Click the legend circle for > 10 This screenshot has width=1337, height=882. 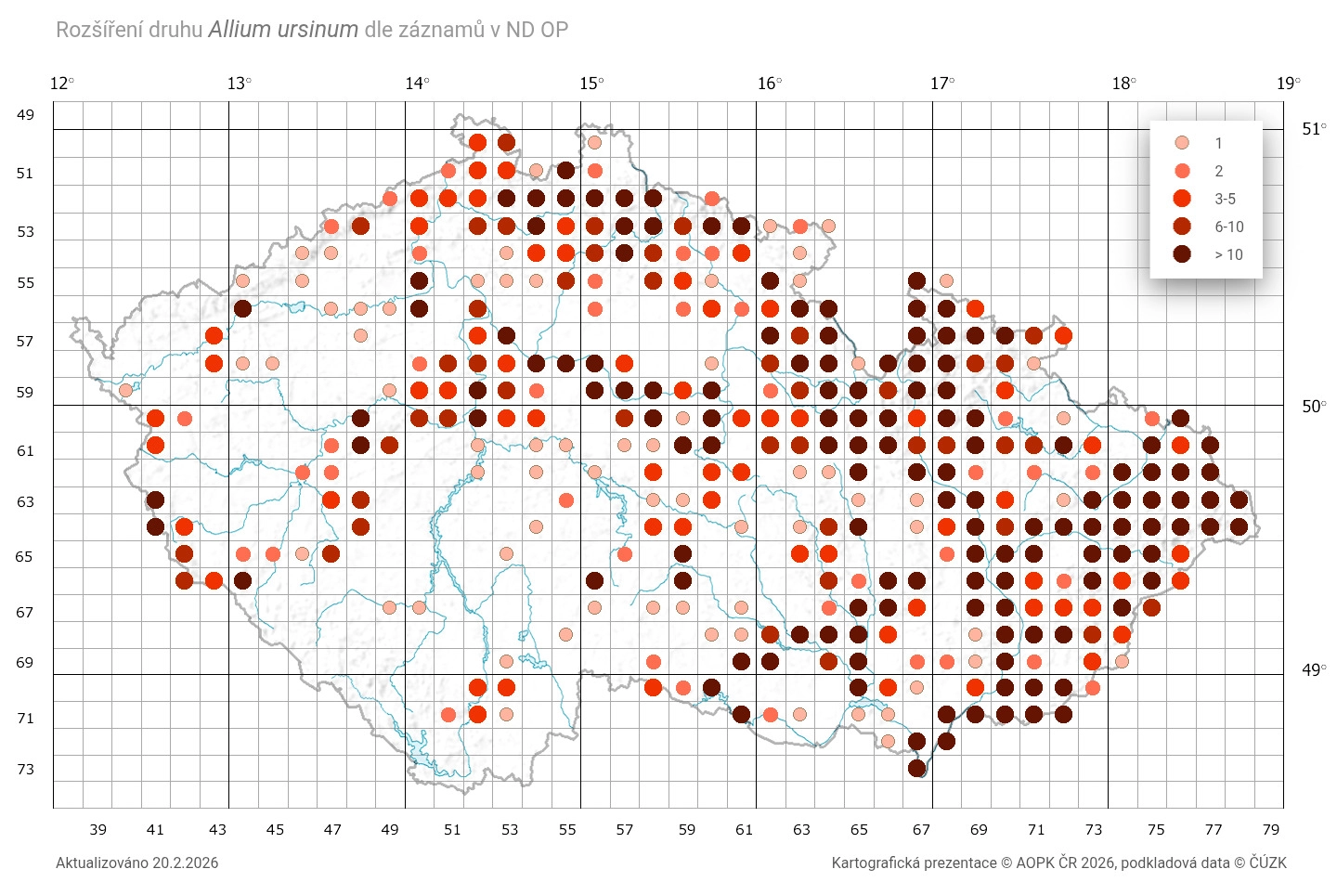tap(1182, 254)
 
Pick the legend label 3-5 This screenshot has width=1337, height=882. tap(1225, 199)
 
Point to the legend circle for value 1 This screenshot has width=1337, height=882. tap(1182, 143)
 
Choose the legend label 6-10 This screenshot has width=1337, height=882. tap(1228, 227)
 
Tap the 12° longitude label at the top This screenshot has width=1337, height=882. tap(61, 84)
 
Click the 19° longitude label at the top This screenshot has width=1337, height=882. tap(1288, 84)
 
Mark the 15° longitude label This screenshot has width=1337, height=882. tap(591, 84)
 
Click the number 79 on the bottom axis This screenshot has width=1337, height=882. tap(1271, 829)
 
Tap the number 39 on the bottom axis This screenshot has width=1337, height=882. tap(97, 829)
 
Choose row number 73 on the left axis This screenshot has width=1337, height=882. tap(25, 769)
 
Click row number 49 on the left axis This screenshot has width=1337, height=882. tap(25, 114)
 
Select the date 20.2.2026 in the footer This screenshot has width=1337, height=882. tap(186, 863)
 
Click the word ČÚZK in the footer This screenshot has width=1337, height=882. tap(1267, 863)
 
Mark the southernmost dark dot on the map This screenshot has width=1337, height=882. tap(917, 768)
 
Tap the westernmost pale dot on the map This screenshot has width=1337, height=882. tap(126, 390)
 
